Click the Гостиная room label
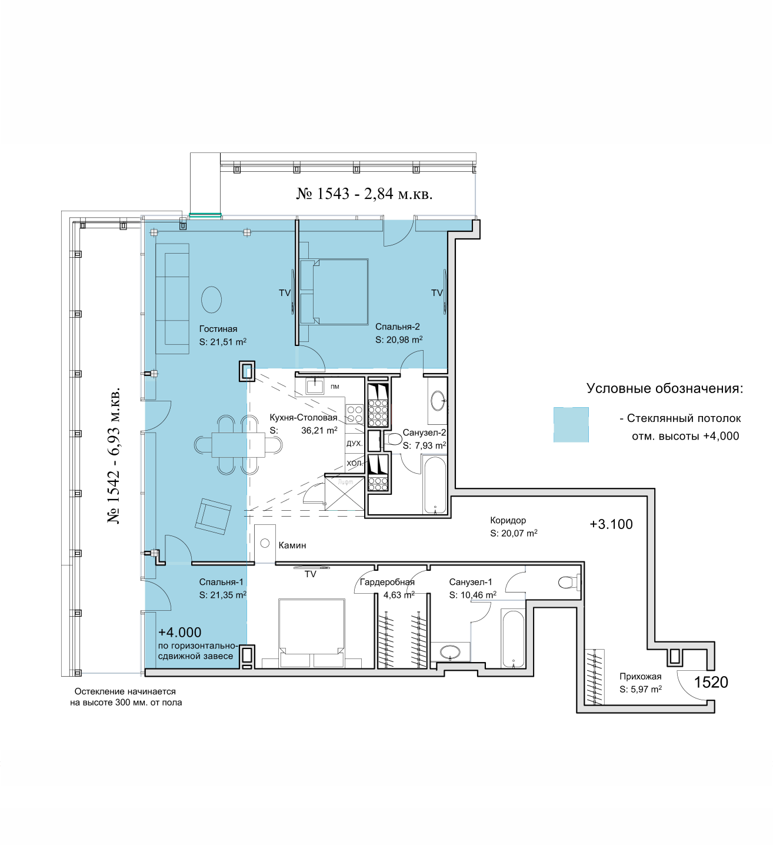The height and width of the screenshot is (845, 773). (x=218, y=328)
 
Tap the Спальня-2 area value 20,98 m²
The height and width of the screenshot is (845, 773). (x=404, y=340)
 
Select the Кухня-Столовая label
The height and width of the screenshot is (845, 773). (x=304, y=417)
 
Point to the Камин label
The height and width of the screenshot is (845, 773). (x=292, y=545)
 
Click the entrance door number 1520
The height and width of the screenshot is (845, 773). (x=711, y=682)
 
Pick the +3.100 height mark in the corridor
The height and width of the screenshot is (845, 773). (x=611, y=524)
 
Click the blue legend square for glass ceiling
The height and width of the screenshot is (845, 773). (x=571, y=424)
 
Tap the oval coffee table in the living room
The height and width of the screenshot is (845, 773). (x=211, y=300)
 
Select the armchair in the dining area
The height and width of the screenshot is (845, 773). (x=213, y=517)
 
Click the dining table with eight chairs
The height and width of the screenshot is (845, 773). (x=238, y=445)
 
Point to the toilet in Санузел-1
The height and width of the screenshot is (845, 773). (x=569, y=583)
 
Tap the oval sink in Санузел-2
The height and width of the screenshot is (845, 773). (x=438, y=400)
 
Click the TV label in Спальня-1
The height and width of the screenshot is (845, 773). (x=310, y=574)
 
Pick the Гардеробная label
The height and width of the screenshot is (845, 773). (x=386, y=582)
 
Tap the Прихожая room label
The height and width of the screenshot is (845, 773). (x=640, y=677)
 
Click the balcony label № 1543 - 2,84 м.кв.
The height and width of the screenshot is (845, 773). (x=364, y=194)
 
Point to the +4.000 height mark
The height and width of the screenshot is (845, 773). (x=179, y=632)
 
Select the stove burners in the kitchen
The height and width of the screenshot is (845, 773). (x=354, y=414)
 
